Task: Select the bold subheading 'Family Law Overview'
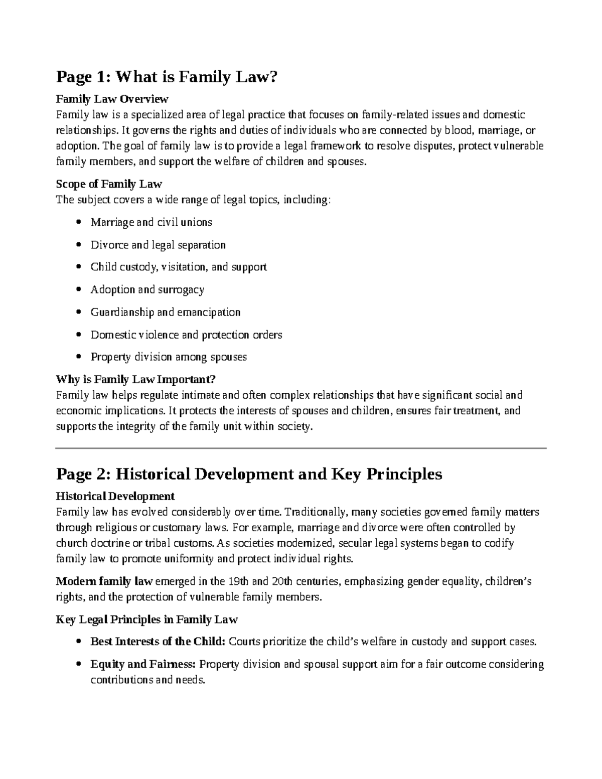112,98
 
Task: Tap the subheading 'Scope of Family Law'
109,184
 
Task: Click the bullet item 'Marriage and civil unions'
151,222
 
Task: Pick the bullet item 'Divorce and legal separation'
158,245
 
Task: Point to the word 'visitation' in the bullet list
186,267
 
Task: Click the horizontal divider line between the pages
301,448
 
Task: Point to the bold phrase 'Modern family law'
104,582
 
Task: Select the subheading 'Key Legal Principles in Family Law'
146,619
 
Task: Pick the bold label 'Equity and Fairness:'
142,665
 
